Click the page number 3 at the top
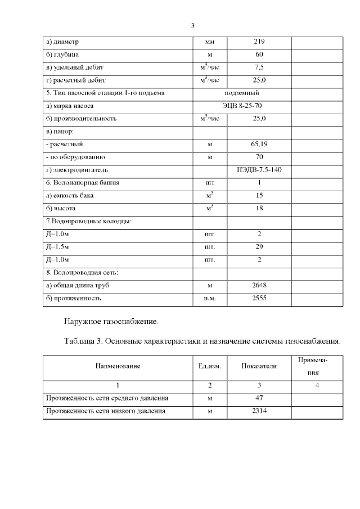[192, 26]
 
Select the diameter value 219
[259, 42]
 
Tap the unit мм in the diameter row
[210, 43]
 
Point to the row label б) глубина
[62, 55]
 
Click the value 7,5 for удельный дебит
[259, 67]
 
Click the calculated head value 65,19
[259, 144]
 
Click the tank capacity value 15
[259, 195]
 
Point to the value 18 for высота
[259, 208]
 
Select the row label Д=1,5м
[57, 246]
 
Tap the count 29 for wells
[259, 246]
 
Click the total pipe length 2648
[259, 285]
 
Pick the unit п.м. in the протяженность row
[210, 298]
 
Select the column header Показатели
[259, 366]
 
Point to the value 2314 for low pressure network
[259, 412]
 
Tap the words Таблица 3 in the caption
[86, 341]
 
